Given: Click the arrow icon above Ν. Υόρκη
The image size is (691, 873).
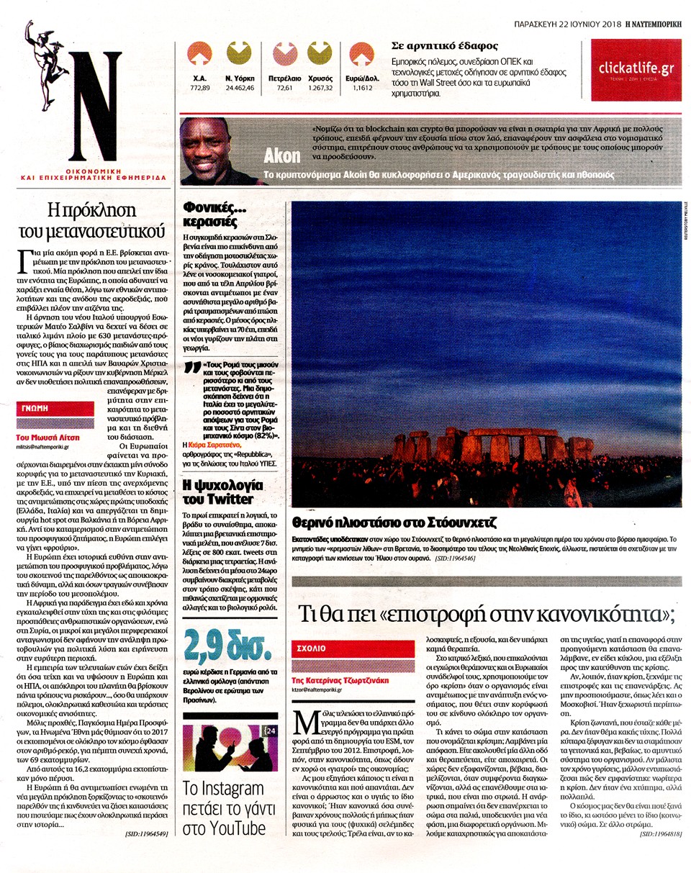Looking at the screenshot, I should point(239,55).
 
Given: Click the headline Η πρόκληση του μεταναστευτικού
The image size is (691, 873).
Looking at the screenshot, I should point(91,221).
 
